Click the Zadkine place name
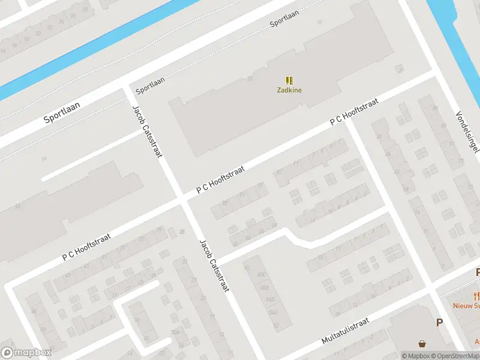point(289,91)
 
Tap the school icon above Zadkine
point(289,80)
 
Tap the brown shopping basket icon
point(424,344)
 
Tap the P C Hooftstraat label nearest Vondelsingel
point(355,112)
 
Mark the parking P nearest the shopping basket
point(439,323)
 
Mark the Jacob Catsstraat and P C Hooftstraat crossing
point(182,200)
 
